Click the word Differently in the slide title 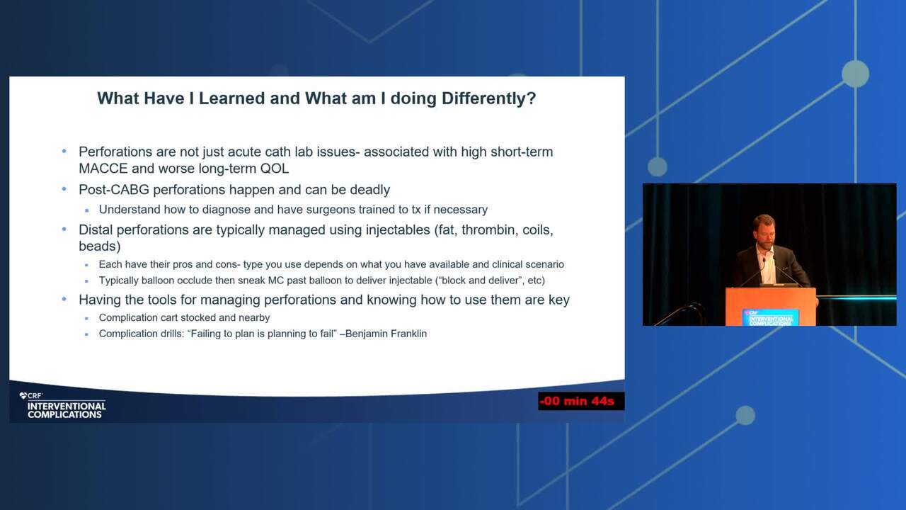(x=488, y=98)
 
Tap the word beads (x=98, y=246)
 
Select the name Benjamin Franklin (x=386, y=334)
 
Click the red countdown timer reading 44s (x=581, y=401)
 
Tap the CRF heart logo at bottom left (x=23, y=395)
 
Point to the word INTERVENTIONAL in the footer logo (x=67, y=406)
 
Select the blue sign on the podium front (x=770, y=317)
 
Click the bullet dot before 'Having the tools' (x=64, y=300)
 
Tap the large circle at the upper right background (x=855, y=74)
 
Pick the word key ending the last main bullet (x=559, y=300)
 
